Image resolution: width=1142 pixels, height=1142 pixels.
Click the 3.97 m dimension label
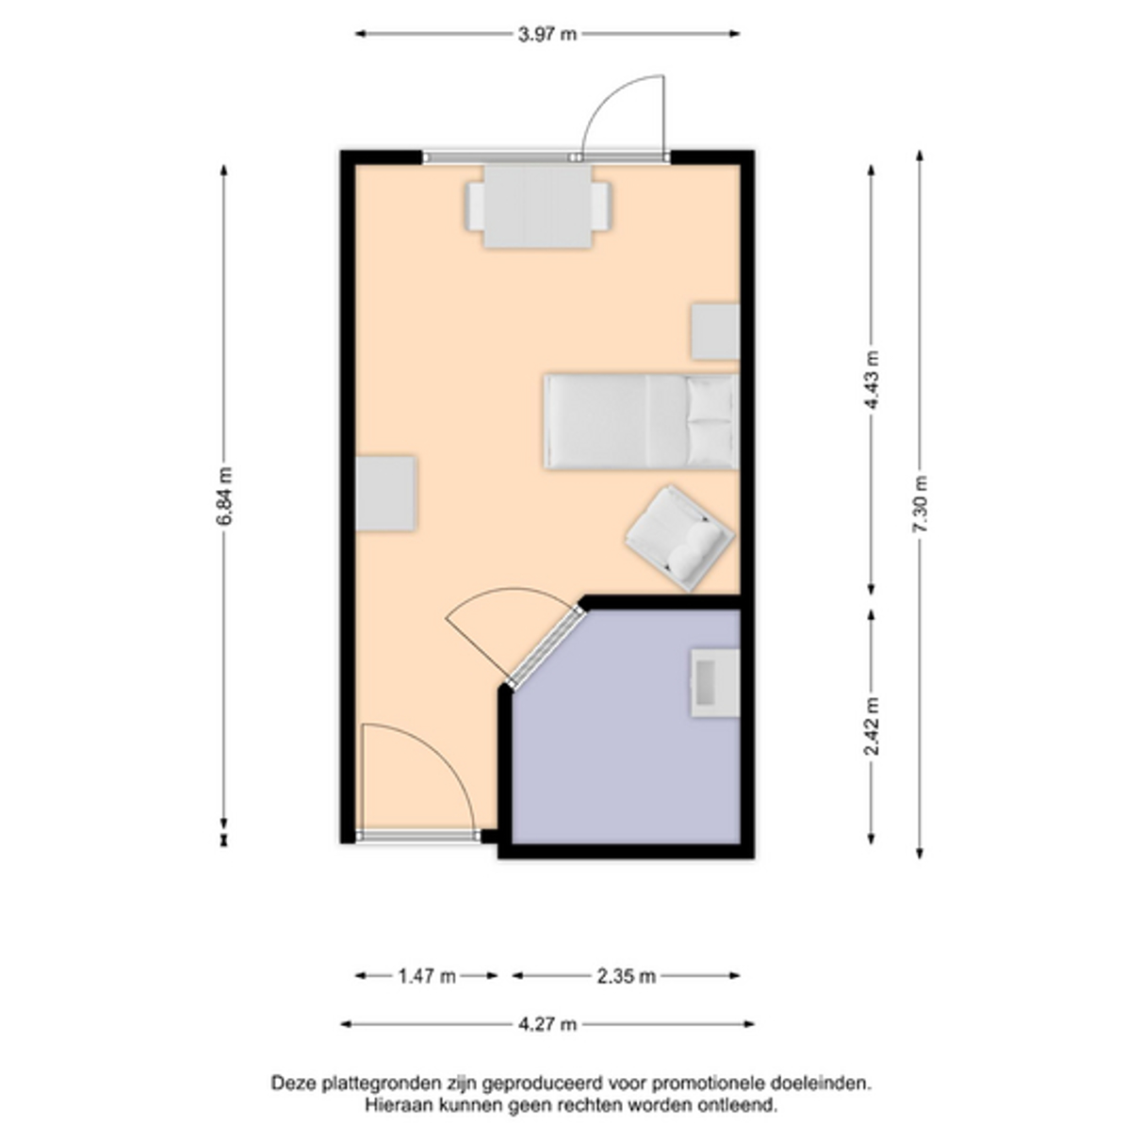tap(547, 34)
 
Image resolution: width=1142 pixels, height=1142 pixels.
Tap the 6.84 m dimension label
tap(224, 496)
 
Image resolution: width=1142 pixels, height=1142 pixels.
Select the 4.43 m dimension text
tap(872, 380)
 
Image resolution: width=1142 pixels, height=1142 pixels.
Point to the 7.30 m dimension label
tap(920, 504)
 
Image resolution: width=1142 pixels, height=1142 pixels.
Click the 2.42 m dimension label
tap(872, 726)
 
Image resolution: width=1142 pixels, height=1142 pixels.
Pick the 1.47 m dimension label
tap(427, 976)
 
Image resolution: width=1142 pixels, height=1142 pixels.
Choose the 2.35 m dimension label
tap(627, 976)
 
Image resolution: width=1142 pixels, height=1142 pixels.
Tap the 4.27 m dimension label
tap(547, 1024)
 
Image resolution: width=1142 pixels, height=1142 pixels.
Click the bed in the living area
tap(642, 421)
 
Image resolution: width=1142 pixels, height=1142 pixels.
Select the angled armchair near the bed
tap(679, 538)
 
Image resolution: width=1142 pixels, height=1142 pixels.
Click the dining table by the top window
tap(538, 206)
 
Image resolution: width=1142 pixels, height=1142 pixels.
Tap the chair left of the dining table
tap(476, 205)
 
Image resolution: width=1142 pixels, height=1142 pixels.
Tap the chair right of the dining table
tap(601, 205)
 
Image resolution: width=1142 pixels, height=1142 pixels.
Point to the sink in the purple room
tap(716, 683)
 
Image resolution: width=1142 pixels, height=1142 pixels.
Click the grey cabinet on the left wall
tap(385, 493)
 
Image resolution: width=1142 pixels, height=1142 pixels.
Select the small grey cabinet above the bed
tap(716, 332)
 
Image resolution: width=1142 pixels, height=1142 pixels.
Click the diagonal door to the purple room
tap(547, 646)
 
